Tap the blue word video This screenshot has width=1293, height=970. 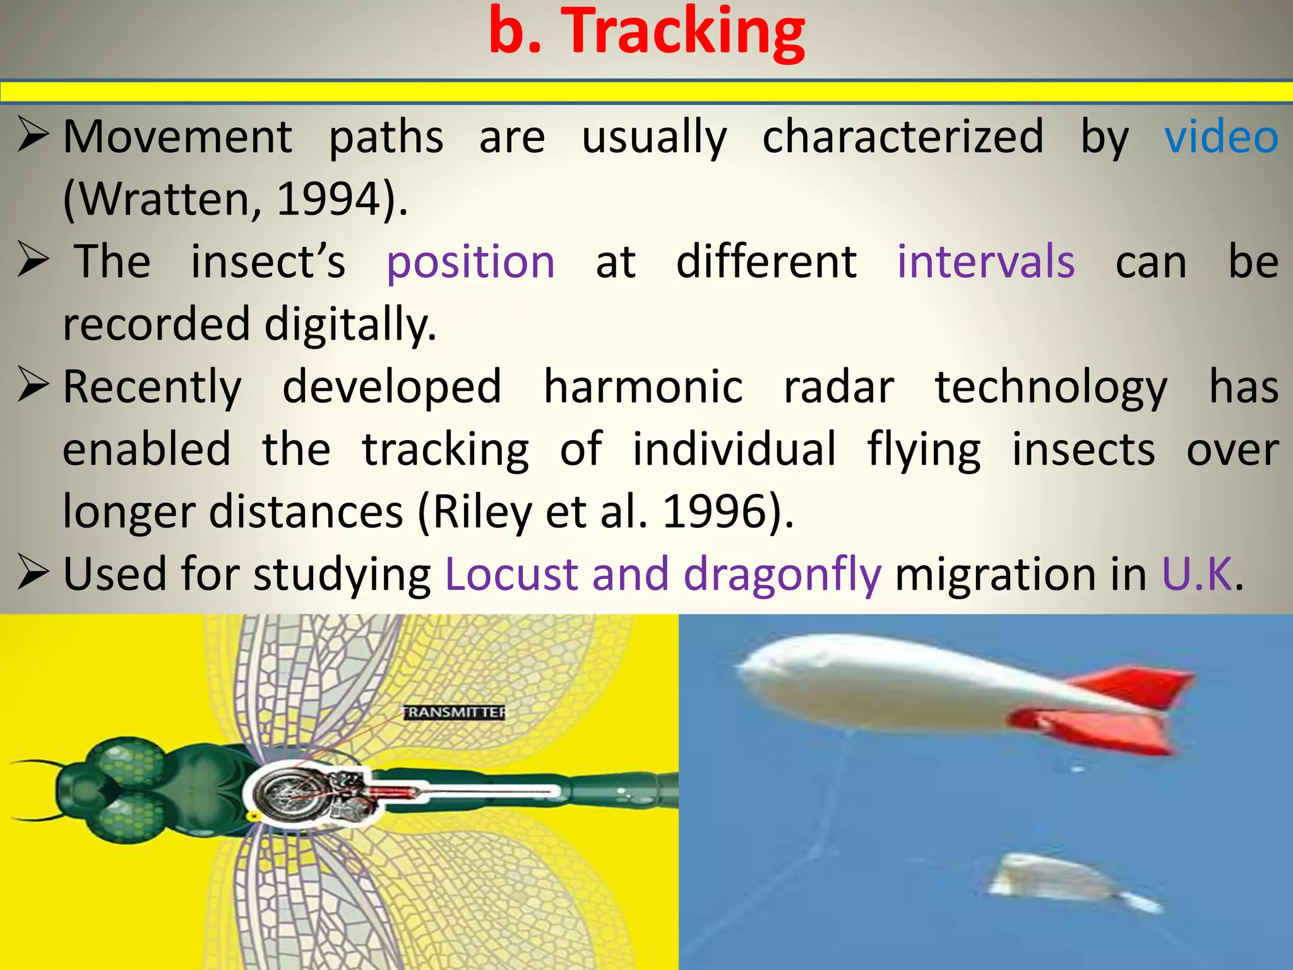coord(1221,137)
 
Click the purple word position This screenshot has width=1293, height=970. coord(470,263)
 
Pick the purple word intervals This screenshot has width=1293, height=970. coord(986,261)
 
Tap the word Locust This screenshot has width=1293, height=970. coord(511,574)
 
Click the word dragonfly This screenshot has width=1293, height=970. coord(782,575)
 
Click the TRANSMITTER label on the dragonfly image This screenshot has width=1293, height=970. coord(455,712)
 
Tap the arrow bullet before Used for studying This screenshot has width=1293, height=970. coord(33,572)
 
